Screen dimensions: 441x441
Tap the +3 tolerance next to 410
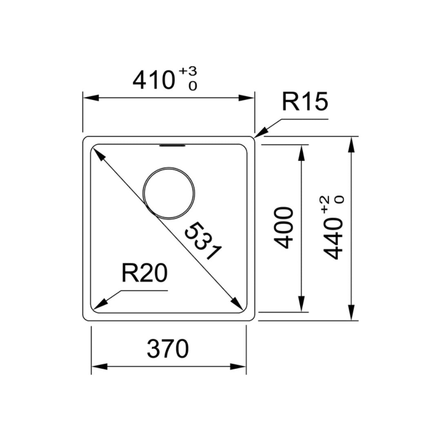click(x=188, y=71)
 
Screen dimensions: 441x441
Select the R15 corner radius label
click(x=305, y=102)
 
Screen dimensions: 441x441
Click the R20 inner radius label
click(x=145, y=273)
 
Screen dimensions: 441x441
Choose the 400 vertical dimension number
click(x=283, y=228)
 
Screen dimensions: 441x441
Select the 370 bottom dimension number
click(x=168, y=349)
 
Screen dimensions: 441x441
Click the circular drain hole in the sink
click(x=169, y=193)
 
